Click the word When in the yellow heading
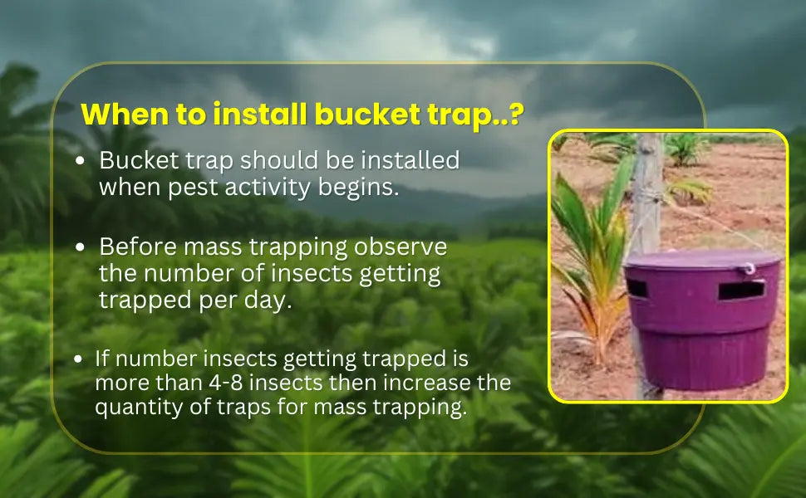click(x=125, y=114)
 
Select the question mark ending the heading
click(x=515, y=114)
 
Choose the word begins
click(x=358, y=188)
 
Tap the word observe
click(x=401, y=247)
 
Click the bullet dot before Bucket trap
click(x=80, y=161)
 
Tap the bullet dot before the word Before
click(x=80, y=247)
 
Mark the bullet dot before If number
click(x=77, y=359)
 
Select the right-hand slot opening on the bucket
click(x=741, y=290)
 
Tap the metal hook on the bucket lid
click(x=749, y=268)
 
